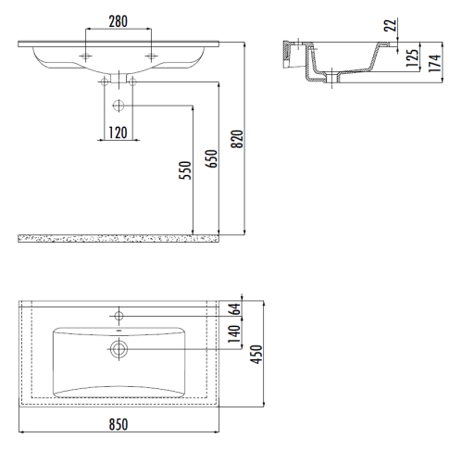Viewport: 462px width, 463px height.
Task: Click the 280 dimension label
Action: tap(118, 21)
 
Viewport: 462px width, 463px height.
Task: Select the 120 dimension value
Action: tap(118, 132)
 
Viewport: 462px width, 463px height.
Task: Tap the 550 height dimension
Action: tap(185, 170)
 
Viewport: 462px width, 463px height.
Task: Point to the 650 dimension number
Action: tap(211, 158)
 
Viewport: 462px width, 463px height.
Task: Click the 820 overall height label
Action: tap(237, 139)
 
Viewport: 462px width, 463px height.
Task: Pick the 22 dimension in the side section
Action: tap(391, 25)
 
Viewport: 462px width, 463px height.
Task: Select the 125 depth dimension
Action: tap(412, 58)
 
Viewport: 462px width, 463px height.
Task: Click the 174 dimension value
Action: tap(434, 63)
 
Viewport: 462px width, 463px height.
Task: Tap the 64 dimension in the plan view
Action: tap(235, 309)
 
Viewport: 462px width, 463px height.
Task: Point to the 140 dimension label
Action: tap(234, 333)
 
